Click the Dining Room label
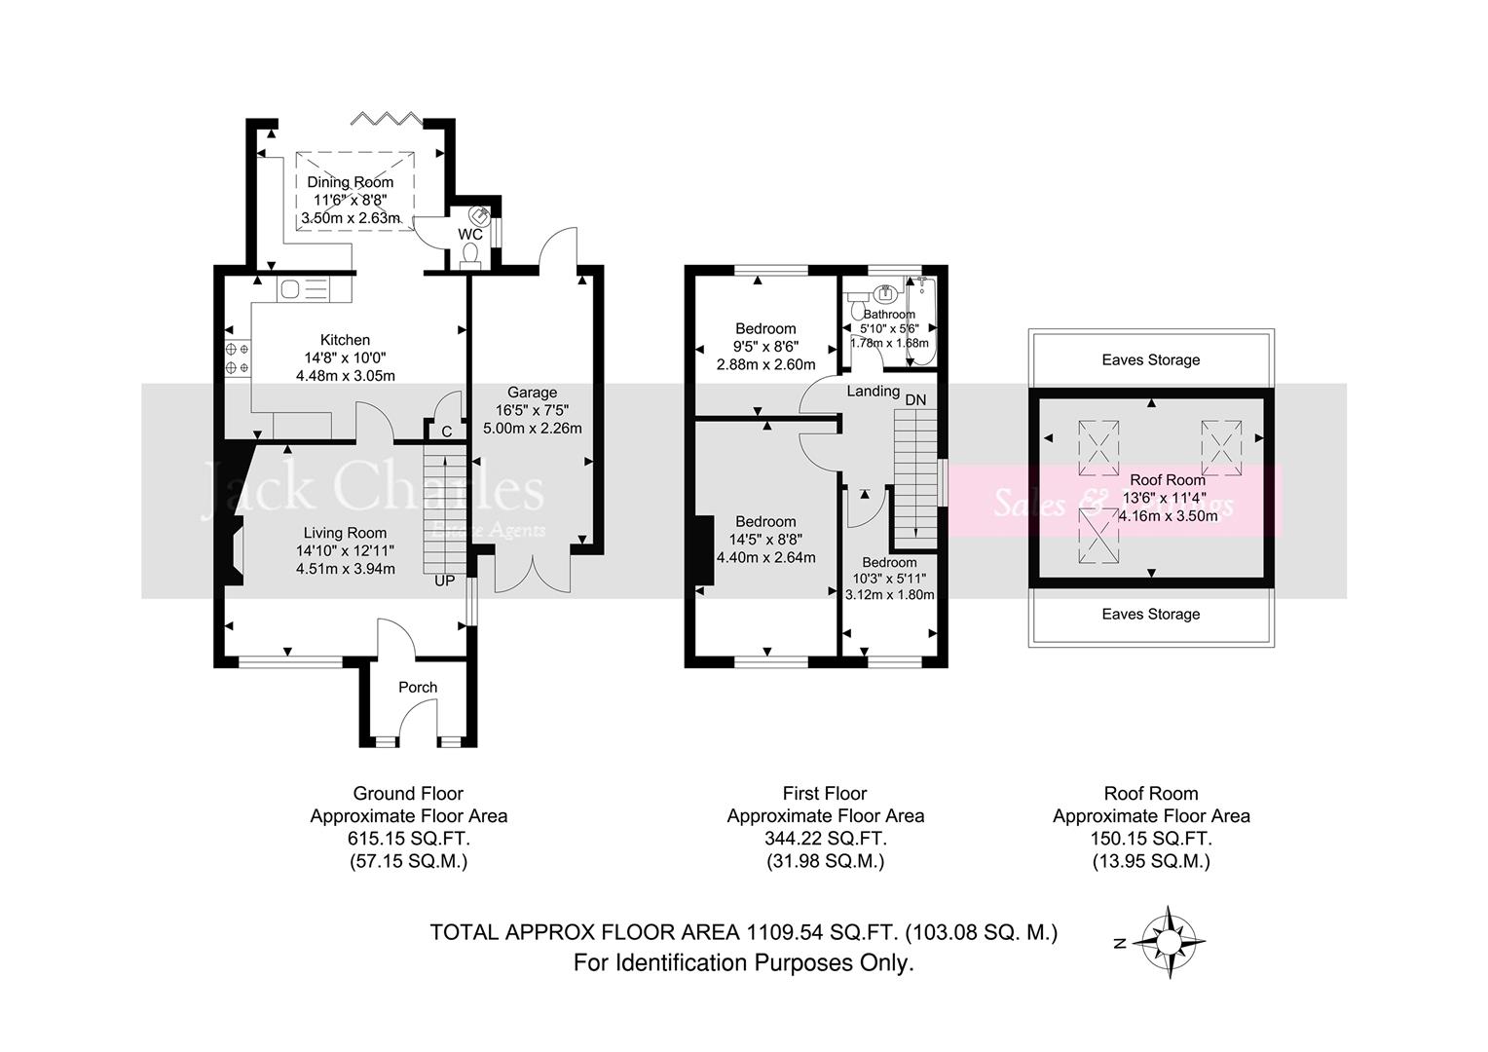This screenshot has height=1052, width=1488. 351,182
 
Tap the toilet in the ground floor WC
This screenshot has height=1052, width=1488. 470,253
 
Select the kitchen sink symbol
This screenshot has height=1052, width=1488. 304,288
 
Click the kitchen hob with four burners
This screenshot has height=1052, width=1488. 237,357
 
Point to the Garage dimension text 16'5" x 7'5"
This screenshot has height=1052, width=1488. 532,410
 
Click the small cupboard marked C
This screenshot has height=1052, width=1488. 446,431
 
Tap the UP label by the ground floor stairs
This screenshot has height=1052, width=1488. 444,581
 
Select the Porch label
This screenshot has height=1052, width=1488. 418,687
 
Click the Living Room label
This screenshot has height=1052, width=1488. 345,533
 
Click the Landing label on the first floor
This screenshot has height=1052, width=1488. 873,391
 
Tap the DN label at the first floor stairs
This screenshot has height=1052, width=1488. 915,399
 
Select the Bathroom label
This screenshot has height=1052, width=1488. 889,315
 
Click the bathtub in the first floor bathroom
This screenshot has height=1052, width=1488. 921,320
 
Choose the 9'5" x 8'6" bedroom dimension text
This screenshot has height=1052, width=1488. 765,346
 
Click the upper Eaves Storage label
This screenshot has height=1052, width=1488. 1150,359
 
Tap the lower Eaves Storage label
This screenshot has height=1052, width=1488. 1150,614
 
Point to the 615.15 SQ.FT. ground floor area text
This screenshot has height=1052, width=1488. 408,839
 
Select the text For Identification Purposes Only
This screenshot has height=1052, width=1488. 743,963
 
